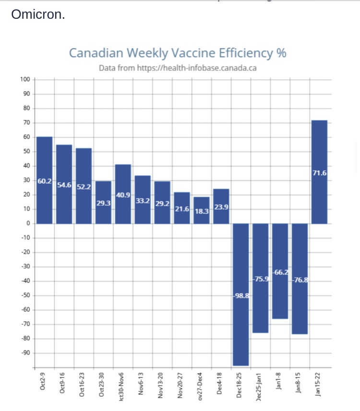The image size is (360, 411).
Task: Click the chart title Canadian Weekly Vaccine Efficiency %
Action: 178,52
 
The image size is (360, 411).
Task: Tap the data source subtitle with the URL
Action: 178,68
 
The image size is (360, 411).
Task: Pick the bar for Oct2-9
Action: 45,202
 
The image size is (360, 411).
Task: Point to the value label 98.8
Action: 241,296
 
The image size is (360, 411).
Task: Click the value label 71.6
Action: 320,172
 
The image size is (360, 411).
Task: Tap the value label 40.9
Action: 123,194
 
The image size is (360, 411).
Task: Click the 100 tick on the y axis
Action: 25,79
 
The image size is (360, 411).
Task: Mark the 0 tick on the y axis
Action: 28,223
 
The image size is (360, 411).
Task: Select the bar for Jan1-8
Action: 280,298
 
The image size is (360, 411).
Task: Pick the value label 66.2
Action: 281,272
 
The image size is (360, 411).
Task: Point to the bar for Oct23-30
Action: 103,211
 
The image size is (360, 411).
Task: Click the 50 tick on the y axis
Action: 26,151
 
